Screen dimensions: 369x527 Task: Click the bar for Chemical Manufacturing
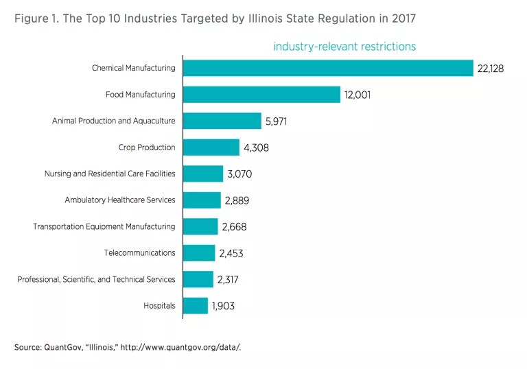pyautogui.click(x=328, y=68)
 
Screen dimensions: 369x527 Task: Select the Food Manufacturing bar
pyautogui.click(x=261, y=95)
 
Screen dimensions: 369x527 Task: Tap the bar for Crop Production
pyautogui.click(x=211, y=147)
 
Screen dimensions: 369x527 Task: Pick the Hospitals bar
pyautogui.click(x=196, y=305)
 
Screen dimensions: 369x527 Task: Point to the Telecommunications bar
pyautogui.click(x=199, y=253)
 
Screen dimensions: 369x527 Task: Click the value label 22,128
pyautogui.click(x=491, y=69)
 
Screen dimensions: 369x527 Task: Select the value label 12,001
pyautogui.click(x=358, y=95)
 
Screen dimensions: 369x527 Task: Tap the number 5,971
pyautogui.click(x=279, y=121)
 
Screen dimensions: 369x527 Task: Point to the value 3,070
pyautogui.click(x=240, y=174)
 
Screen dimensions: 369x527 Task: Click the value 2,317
pyautogui.click(x=231, y=279)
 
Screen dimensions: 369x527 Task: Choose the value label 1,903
pyautogui.click(x=223, y=306)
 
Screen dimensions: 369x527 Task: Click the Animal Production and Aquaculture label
pyautogui.click(x=113, y=121)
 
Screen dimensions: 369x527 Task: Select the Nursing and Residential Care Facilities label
pyautogui.click(x=110, y=174)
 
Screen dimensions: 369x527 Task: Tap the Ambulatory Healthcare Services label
pyautogui.click(x=120, y=200)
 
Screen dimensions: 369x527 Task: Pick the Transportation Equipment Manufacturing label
pyautogui.click(x=104, y=226)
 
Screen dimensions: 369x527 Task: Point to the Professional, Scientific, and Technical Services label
pyautogui.click(x=96, y=279)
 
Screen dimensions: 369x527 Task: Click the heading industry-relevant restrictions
pyautogui.click(x=344, y=47)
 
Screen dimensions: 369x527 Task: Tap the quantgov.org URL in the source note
pyautogui.click(x=180, y=348)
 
